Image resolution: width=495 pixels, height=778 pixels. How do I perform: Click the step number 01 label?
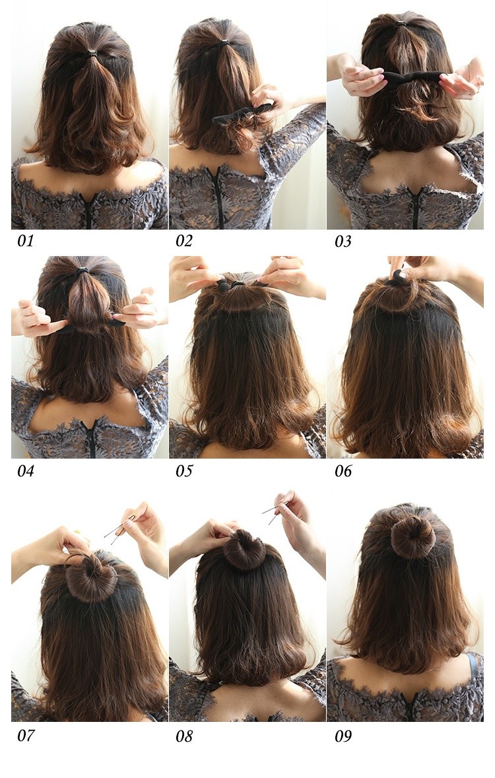26,241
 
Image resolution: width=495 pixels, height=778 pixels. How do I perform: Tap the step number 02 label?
183,241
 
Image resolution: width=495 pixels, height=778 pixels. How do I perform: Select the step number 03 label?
343,242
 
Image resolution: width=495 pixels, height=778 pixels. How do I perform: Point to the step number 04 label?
26,471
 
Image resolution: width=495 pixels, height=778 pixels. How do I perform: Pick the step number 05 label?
183,471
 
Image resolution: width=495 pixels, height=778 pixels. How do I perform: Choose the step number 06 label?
343,471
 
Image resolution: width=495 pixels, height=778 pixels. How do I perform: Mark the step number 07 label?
26,735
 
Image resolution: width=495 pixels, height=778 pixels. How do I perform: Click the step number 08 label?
183,736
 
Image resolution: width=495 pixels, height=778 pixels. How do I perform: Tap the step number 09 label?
343,736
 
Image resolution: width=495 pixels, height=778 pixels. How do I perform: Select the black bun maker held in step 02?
242,113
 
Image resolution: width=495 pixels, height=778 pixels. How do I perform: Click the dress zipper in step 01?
88,211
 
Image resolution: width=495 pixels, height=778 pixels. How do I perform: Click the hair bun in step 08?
244,550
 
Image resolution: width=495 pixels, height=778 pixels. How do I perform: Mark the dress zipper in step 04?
91,439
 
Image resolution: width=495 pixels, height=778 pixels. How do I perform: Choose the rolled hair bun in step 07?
91,579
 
